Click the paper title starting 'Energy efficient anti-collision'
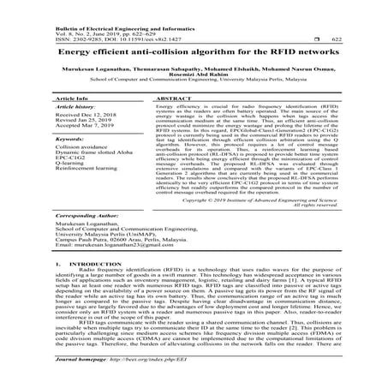click(x=194, y=53)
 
